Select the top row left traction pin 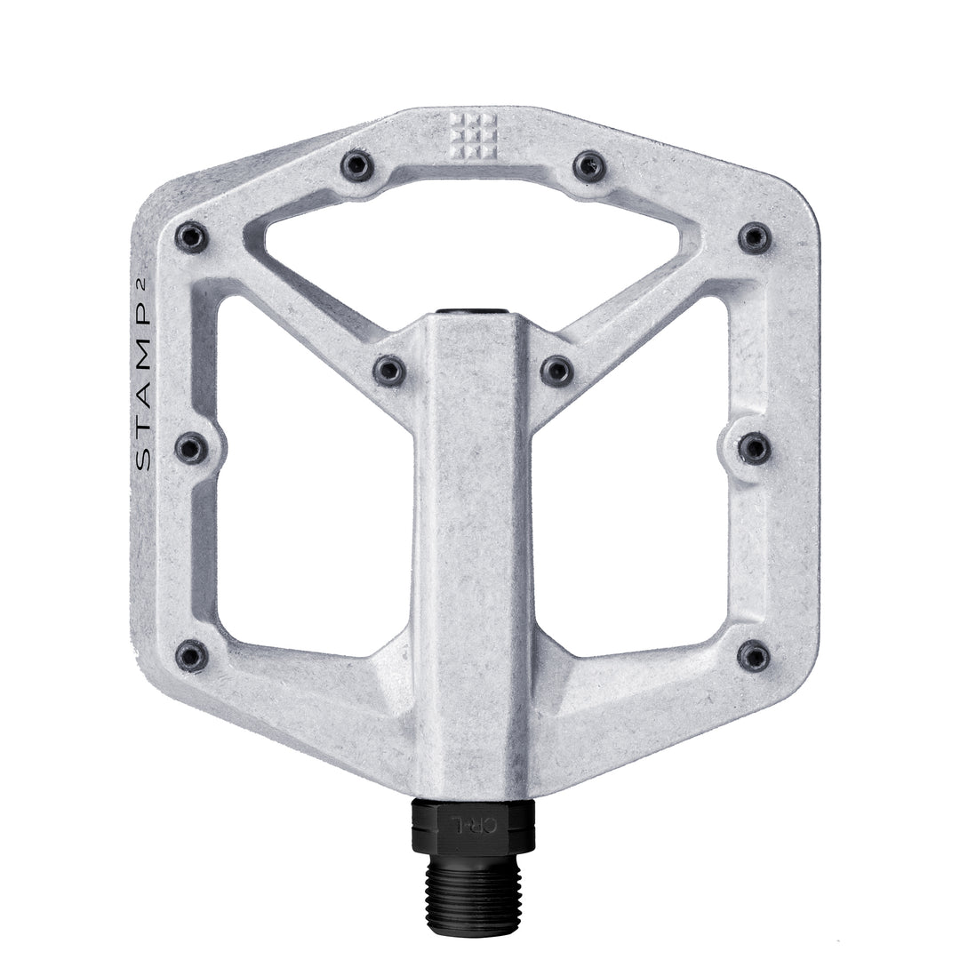358,164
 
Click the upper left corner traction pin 191,236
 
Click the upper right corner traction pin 755,236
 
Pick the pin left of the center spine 388,369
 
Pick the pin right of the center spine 556,369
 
